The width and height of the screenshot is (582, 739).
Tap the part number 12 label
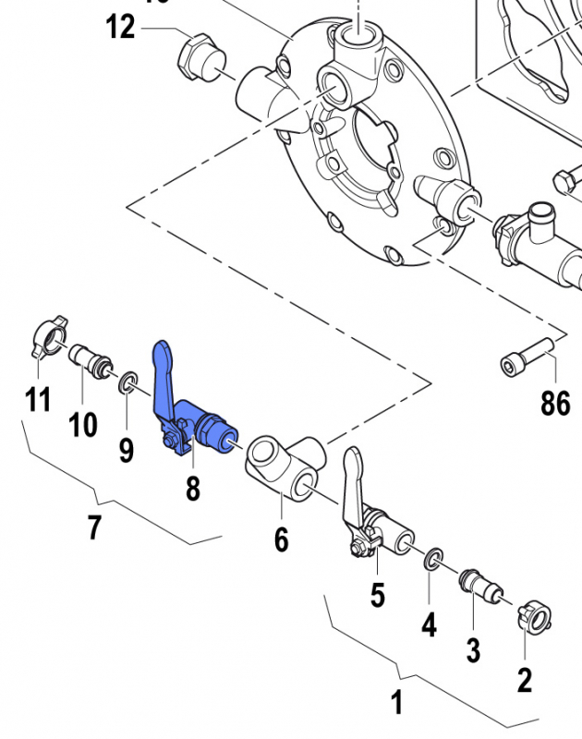(x=120, y=27)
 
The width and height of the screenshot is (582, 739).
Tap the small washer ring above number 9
(x=127, y=382)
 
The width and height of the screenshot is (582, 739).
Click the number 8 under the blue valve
(x=192, y=488)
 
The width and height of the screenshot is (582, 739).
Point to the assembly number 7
(x=94, y=528)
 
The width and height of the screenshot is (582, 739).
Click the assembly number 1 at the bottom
(x=396, y=703)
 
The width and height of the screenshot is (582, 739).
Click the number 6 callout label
(x=282, y=538)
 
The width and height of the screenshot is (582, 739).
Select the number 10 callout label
(x=83, y=425)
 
